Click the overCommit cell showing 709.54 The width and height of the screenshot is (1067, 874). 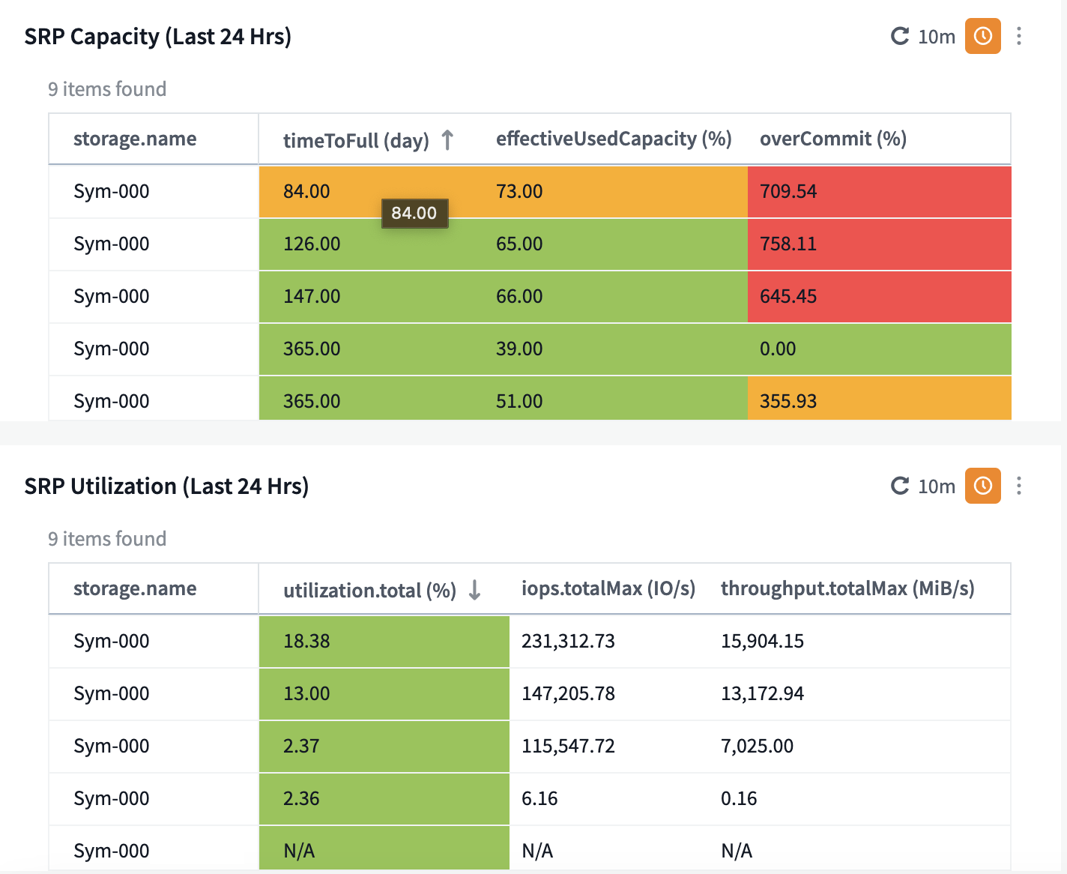click(879, 192)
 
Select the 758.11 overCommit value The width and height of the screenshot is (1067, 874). click(879, 244)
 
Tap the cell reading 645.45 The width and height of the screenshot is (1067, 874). click(879, 297)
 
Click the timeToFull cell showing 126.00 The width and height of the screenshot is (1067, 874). click(312, 244)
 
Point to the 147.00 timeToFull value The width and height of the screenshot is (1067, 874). click(312, 296)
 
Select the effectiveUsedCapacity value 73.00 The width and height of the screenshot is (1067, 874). click(519, 191)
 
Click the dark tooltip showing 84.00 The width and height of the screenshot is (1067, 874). click(414, 213)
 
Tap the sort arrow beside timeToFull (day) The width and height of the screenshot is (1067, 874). click(447, 139)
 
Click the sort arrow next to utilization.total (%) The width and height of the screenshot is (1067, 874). click(474, 590)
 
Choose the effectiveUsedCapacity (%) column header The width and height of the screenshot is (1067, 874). click(614, 139)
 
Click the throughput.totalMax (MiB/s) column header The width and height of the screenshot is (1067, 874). click(847, 588)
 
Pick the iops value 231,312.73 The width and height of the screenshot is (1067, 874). click(568, 641)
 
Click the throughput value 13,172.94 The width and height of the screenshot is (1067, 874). click(762, 694)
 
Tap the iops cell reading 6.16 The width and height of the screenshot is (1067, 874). click(539, 798)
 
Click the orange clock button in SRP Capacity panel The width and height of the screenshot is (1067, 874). click(982, 36)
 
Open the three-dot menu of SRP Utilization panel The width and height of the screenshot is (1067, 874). click(1019, 486)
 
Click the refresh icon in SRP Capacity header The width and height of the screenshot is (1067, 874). click(900, 36)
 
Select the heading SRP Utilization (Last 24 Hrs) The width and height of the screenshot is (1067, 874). click(166, 486)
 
